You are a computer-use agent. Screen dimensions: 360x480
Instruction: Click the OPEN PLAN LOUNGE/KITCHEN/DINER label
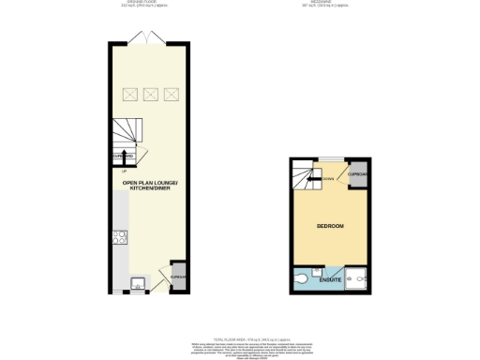click(x=150, y=186)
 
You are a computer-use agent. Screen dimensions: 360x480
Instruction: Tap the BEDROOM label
click(x=329, y=228)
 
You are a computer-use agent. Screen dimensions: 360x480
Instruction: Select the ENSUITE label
click(x=330, y=279)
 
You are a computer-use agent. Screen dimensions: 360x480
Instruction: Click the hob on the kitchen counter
click(x=120, y=238)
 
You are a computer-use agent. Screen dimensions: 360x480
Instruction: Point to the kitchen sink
click(x=138, y=278)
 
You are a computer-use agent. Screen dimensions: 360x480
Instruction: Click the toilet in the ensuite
click(x=301, y=278)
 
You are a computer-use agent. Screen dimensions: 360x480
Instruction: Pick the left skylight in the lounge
click(x=128, y=94)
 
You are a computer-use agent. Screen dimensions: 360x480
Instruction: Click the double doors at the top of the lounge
click(x=150, y=38)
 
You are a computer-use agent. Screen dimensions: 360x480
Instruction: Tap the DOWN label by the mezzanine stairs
click(x=327, y=179)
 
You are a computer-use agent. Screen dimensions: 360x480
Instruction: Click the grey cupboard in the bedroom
click(x=357, y=174)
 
